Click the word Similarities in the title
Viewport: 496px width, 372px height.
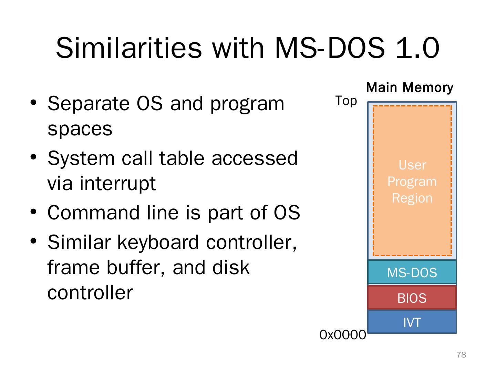click(129, 48)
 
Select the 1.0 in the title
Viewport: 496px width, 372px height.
click(417, 48)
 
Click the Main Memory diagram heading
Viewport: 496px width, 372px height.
click(409, 87)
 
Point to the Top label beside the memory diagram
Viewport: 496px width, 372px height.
click(346, 101)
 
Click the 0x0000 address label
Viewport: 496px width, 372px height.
click(342, 334)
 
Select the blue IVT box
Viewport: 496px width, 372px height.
click(412, 322)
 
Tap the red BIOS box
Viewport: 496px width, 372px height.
click(412, 298)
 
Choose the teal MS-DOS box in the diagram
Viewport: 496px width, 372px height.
click(412, 272)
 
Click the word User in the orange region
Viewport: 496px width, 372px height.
click(412, 165)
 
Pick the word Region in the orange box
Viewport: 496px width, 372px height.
click(412, 198)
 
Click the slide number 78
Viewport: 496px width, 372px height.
click(461, 355)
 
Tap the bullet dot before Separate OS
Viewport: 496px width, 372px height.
click(33, 103)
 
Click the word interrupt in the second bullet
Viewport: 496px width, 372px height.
click(117, 183)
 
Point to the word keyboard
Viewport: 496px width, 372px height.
click(158, 242)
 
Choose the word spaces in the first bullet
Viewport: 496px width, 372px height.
click(80, 129)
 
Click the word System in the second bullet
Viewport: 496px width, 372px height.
click(81, 158)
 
